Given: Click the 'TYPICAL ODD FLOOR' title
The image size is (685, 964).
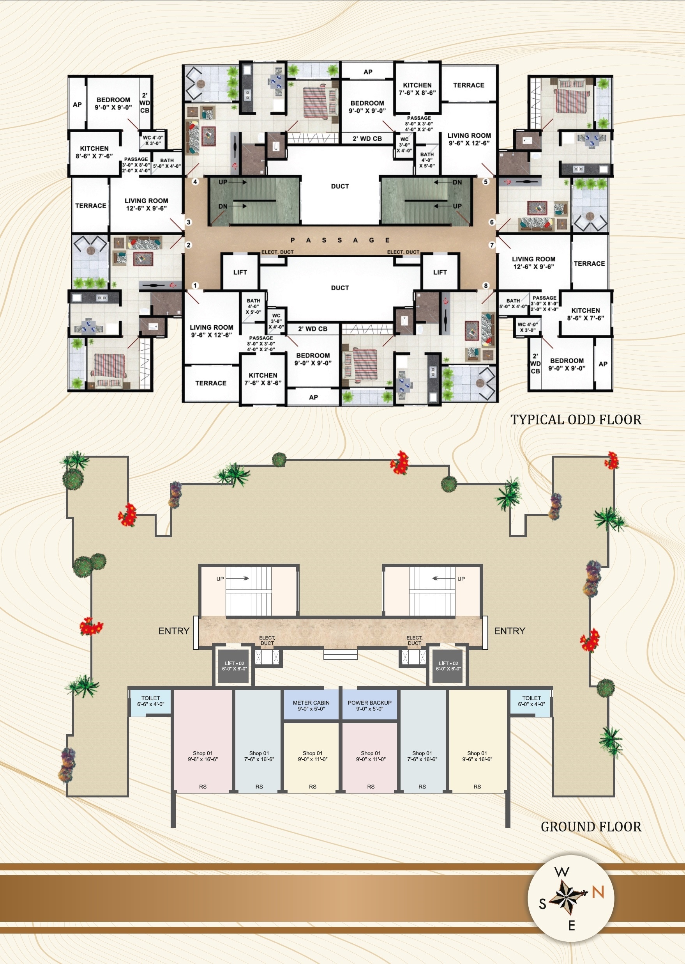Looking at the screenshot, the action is pos(576,420).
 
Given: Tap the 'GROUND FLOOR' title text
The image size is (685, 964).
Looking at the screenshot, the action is pos(591,827).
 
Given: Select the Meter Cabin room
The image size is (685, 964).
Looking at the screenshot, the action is pos(311,705).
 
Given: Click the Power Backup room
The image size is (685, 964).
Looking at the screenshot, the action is pos(369,705).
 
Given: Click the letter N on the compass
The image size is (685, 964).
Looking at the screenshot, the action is pos(598,891).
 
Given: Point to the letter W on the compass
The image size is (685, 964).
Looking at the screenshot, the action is pos(562,872).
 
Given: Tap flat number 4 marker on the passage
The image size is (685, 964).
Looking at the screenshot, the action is pos(195,182).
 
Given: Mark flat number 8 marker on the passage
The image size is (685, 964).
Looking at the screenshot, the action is pos(486,286).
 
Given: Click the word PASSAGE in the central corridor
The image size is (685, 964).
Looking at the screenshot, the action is pos(340,240).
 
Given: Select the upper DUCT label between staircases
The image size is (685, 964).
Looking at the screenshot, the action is pos(340,186).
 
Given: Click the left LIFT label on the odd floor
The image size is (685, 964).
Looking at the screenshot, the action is pos(240,272).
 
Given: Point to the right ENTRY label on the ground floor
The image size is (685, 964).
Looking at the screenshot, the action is pos(510,631).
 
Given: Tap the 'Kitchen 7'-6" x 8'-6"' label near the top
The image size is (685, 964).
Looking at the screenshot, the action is pos(417,89).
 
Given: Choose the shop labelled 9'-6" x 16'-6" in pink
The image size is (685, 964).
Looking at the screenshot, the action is pos(203,756).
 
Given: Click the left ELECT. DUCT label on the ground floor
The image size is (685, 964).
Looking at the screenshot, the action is pos(267,641).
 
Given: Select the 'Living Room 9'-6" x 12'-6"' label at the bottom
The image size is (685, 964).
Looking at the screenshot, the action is pos(211,331).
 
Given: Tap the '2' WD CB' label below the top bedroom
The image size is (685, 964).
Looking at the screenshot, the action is pos(367,138).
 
